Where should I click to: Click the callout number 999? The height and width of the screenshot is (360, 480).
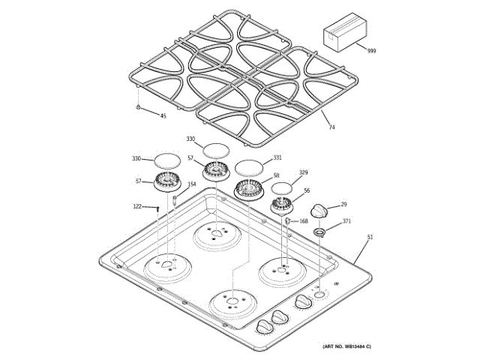tap(371, 50)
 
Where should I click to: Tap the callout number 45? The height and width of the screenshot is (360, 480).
tap(163, 115)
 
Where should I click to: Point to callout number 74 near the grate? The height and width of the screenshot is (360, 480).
tap(331, 127)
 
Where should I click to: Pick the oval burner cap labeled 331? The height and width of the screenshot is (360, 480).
tap(249, 167)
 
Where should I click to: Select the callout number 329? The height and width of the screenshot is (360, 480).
tap(304, 172)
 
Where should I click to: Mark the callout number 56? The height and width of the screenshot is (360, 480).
tap(306, 191)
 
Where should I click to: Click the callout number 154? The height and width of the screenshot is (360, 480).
tap(191, 184)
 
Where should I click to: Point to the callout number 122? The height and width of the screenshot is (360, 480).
tap(137, 206)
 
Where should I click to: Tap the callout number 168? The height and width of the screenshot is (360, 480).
tap(304, 220)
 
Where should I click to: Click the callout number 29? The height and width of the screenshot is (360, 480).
tap(344, 204)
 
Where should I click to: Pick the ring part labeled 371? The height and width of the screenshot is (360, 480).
tap(320, 232)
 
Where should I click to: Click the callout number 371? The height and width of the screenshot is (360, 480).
tap(346, 221)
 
